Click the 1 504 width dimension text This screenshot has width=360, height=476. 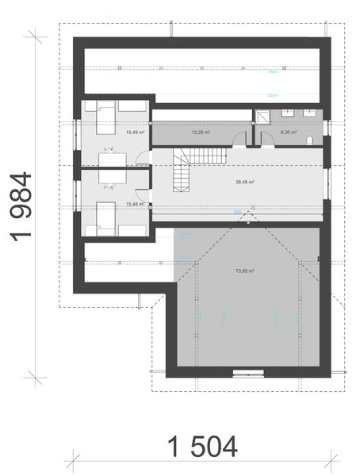tap(202, 447)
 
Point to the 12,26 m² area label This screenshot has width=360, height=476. tap(200, 132)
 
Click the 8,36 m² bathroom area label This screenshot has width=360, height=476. tap(288, 132)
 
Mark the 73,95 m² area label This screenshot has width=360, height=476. tap(245, 271)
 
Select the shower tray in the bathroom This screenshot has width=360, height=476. tap(259, 116)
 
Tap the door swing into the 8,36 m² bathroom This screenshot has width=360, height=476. tap(268, 139)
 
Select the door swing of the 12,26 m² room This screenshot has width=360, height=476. tap(239, 139)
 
